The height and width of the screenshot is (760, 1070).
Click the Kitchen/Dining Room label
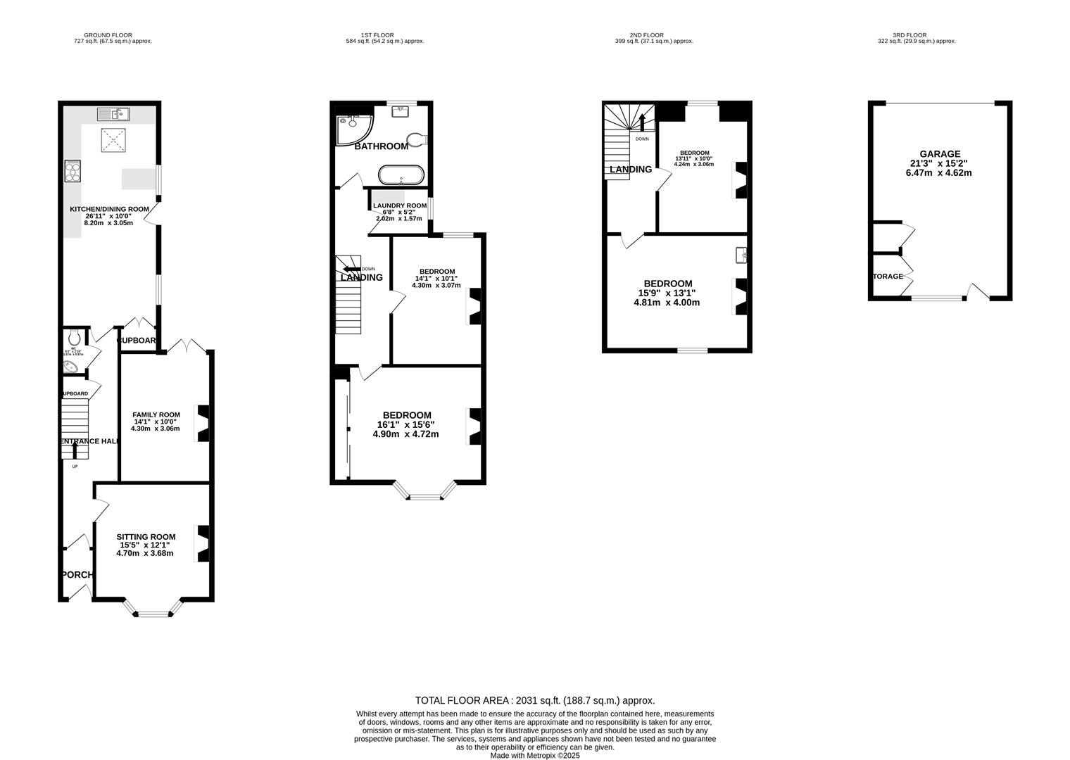[109, 209]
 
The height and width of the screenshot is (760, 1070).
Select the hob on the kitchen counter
[73, 171]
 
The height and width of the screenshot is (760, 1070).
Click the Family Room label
[156, 414]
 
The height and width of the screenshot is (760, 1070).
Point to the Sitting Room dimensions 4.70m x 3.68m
[145, 553]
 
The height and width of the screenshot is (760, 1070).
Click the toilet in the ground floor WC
[76, 338]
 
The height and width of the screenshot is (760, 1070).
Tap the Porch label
[77, 574]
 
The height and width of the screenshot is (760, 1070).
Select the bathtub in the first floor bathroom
[401, 174]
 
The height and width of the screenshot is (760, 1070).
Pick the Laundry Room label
[399, 205]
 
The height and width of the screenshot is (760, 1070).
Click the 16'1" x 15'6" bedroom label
[406, 415]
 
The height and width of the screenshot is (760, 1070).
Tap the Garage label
[939, 154]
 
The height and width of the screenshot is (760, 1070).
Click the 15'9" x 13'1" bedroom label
[667, 284]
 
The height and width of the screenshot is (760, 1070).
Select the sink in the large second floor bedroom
[741, 255]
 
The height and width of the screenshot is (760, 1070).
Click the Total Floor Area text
[535, 700]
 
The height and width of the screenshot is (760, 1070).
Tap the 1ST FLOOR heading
[377, 35]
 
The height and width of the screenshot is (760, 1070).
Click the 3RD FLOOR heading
[909, 35]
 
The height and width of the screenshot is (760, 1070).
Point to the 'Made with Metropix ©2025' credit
[535, 755]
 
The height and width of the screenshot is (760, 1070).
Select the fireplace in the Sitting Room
[203, 544]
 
